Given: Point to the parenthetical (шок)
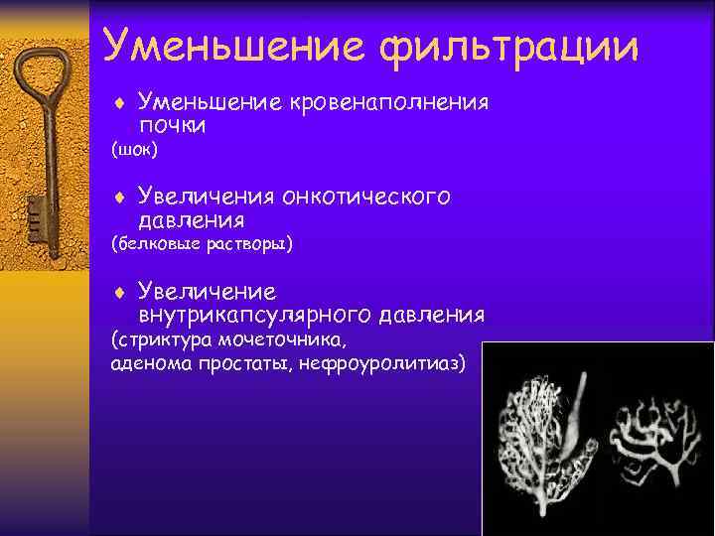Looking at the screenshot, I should pyautogui.click(x=134, y=151).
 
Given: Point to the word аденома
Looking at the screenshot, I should pyautogui.click(x=148, y=364).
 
